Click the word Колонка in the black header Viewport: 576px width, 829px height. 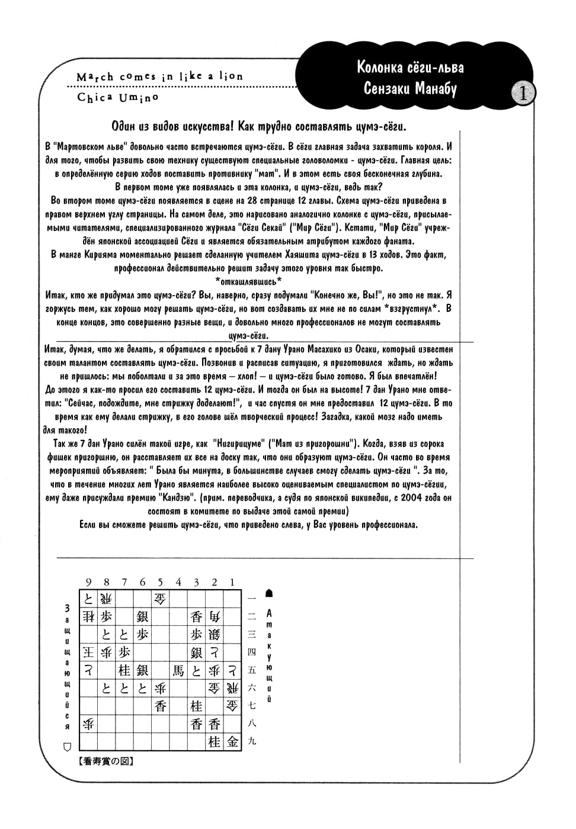[380, 67]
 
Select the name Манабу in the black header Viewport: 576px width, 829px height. [436, 89]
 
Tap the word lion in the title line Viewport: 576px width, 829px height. [231, 76]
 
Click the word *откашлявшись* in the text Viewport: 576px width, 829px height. [248, 281]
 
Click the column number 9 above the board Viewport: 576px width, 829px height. [89, 583]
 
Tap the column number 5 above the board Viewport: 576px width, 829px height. [160, 583]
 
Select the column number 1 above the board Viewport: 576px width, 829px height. [232, 583]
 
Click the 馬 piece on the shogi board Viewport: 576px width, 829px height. [178, 670]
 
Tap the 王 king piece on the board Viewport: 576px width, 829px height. [89, 653]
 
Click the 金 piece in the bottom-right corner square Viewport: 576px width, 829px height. [232, 741]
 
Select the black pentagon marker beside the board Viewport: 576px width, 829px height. [270, 593]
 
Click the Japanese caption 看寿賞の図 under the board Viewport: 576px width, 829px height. [107, 762]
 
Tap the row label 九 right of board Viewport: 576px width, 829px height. [252, 741]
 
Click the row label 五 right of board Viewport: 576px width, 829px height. [252, 670]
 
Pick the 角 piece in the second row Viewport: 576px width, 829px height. [215, 616]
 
